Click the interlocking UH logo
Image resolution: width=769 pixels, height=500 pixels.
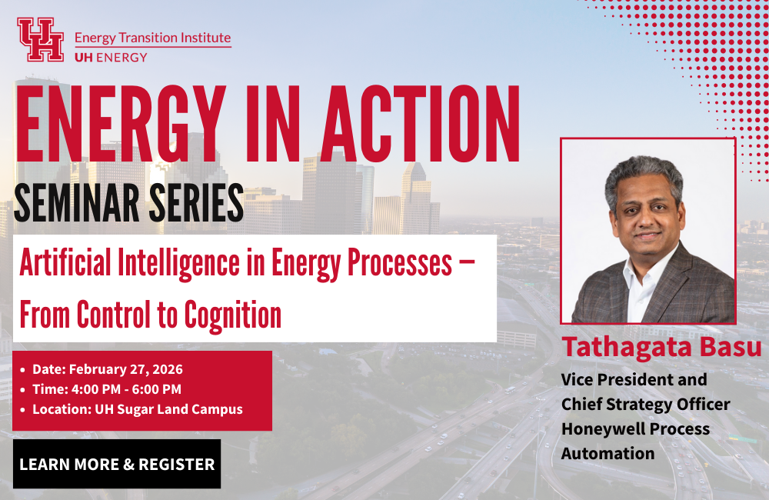coord(41,40)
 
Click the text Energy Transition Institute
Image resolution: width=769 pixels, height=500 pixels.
coord(152,38)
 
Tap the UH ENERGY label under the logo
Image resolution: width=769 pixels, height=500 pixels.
coord(111,58)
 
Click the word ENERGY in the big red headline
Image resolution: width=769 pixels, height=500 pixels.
coord(122,124)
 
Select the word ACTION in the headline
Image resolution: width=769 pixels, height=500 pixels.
coord(421,124)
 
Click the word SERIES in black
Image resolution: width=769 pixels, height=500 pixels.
coord(196,202)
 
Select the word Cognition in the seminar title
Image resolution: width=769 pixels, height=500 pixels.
coord(233,315)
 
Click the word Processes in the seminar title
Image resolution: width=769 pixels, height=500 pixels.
coord(400,264)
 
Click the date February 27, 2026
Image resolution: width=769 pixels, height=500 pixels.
coord(126,369)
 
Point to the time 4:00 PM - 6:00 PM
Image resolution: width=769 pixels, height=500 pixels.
coord(127,389)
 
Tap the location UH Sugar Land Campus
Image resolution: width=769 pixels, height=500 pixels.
coord(168,409)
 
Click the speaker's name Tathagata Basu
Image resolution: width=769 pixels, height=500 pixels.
coord(661,347)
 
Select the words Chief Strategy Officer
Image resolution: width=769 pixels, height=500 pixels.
coord(646,405)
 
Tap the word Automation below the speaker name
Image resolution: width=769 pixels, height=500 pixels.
coord(608,453)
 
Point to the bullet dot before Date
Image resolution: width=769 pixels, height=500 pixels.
coord(22,370)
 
